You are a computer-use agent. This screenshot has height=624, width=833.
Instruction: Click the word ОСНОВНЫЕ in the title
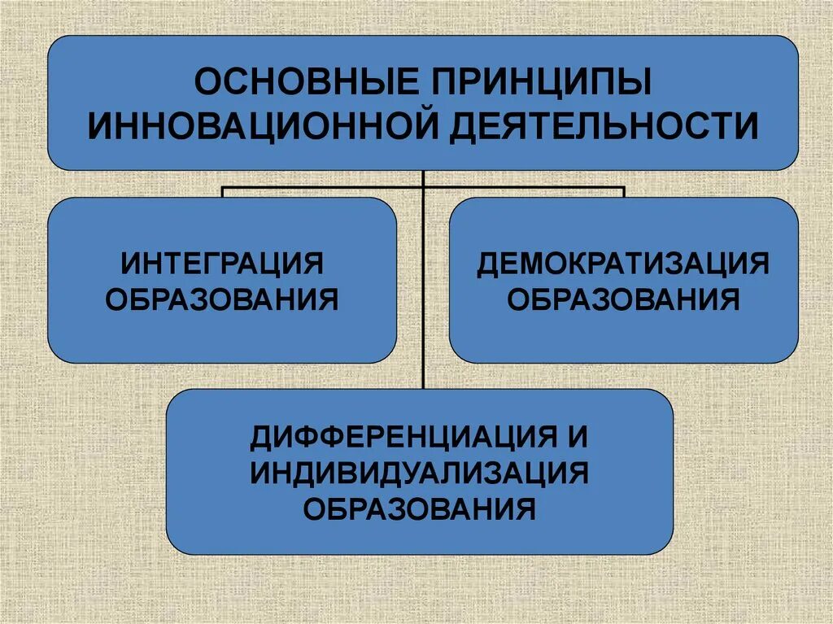point(301,84)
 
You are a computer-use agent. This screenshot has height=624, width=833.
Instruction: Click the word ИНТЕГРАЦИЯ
point(222,264)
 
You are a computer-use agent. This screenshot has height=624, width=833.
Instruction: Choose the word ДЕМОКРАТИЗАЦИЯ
point(623,264)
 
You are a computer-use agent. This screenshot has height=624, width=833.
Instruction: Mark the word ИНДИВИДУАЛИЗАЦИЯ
point(419,473)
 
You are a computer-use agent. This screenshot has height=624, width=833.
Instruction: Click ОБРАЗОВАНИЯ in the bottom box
point(419,510)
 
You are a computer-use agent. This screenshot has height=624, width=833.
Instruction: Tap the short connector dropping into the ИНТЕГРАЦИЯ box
point(223,192)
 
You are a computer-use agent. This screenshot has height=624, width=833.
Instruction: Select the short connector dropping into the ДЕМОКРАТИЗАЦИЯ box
point(623,192)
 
